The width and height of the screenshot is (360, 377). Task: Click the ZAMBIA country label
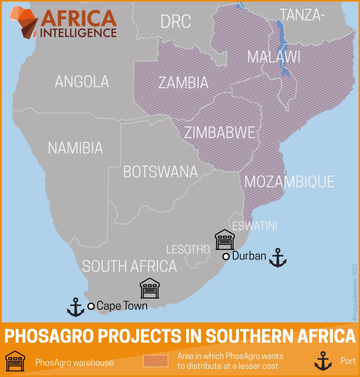[183, 82]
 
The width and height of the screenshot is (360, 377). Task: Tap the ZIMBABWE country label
[219, 133]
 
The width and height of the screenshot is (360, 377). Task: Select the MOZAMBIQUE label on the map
[290, 182]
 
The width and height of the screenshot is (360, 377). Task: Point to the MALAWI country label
[274, 57]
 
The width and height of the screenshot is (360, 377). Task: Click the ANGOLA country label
[82, 81]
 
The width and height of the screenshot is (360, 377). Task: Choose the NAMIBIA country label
[75, 148]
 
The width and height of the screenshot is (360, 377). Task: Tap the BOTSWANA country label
[160, 172]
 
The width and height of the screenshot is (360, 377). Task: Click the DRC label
[176, 22]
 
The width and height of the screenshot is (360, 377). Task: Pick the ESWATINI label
[254, 226]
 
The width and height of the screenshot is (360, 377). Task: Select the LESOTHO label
[188, 249]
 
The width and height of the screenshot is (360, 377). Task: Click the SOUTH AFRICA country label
[129, 266]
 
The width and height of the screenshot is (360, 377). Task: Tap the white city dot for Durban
[226, 257]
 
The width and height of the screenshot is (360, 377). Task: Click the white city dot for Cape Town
[91, 306]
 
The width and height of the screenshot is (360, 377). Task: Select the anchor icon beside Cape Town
[75, 307]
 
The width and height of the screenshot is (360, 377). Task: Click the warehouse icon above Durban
[225, 240]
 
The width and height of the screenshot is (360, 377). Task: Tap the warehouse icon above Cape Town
[150, 288]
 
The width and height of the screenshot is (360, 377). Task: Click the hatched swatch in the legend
[155, 361]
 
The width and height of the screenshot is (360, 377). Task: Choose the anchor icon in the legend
[323, 361]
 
